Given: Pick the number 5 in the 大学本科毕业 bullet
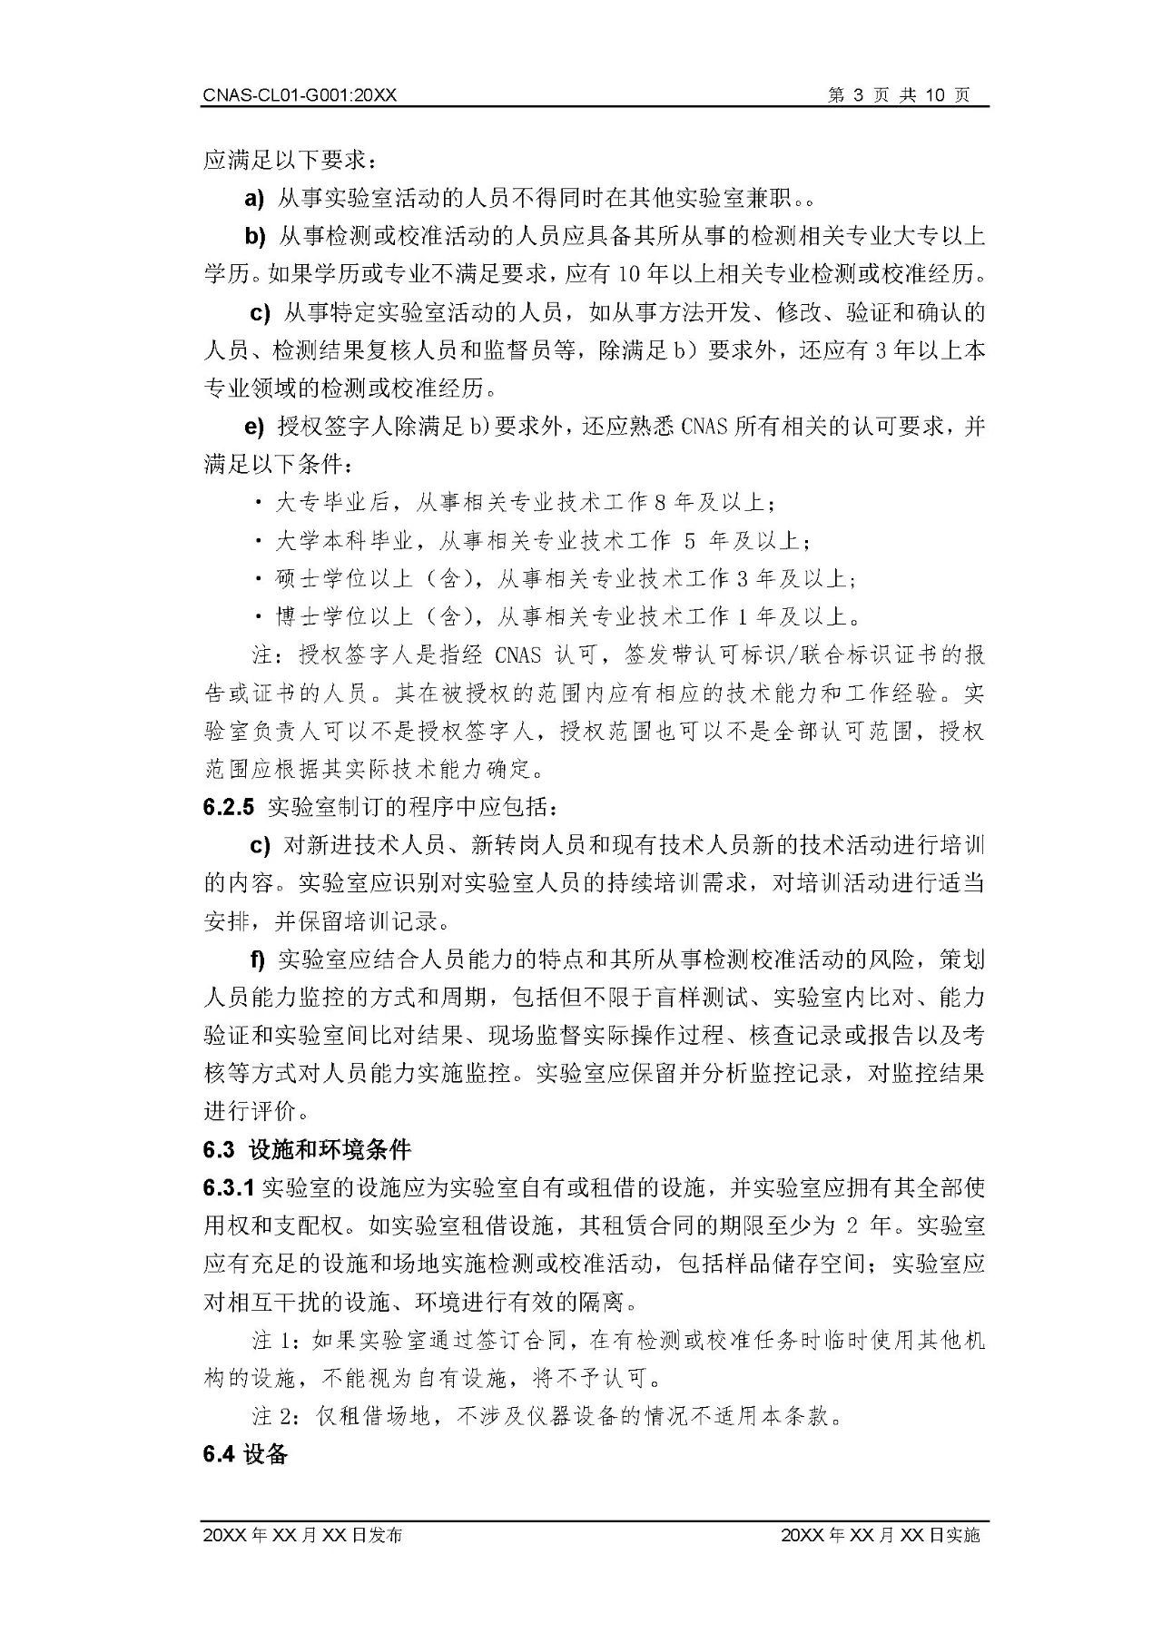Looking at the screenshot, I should pyautogui.click(x=689, y=541).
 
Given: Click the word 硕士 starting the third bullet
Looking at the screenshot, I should pyautogui.click(x=299, y=579).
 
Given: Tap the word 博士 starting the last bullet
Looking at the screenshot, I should pyautogui.click(x=299, y=617).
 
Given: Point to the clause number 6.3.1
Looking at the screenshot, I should pyautogui.click(x=231, y=1187).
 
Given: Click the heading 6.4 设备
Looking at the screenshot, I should pyautogui.click(x=246, y=1454).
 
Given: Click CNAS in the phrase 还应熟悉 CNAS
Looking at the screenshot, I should pyautogui.click(x=704, y=427).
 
